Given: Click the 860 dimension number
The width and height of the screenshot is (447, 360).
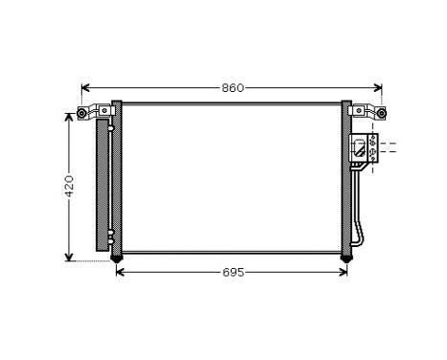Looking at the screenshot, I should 233,88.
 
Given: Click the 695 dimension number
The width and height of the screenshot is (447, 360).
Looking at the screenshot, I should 233,273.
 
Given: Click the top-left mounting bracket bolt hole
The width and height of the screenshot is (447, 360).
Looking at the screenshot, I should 83,115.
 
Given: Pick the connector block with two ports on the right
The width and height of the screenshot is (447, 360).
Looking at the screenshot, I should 365,146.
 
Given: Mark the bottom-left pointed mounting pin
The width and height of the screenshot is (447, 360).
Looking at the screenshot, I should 117,259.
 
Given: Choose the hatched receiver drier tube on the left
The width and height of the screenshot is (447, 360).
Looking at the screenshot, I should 101,182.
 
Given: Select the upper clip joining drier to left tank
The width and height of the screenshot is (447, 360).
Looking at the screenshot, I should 110,125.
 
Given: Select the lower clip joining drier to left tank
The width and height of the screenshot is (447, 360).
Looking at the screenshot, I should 110,236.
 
